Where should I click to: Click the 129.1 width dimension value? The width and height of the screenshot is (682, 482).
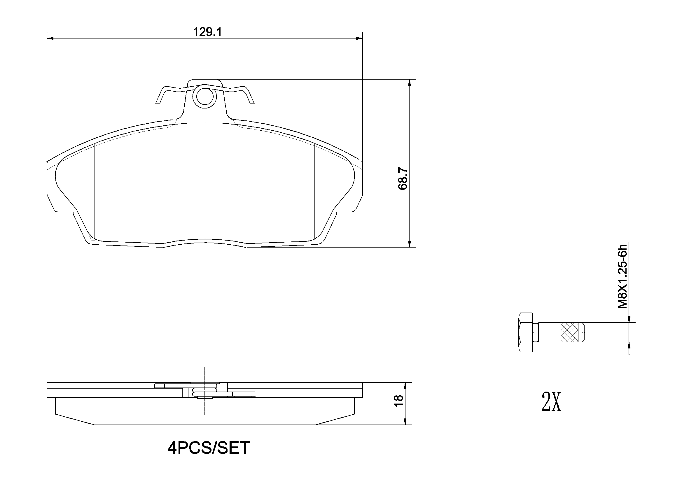[207, 32]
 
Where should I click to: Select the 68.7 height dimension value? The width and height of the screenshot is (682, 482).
[403, 178]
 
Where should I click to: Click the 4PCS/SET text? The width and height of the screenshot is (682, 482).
[209, 448]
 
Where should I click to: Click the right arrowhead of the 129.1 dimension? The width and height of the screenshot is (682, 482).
[360, 38]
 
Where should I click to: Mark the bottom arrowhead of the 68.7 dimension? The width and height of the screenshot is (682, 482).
[410, 244]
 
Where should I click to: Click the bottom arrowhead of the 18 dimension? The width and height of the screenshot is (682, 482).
[405, 422]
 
